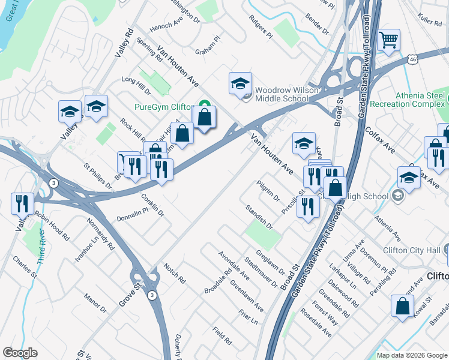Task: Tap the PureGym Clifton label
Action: click(164, 106)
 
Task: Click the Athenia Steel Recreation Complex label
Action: click(420, 100)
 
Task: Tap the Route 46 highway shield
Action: click(412, 59)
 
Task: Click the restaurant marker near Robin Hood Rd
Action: click(23, 204)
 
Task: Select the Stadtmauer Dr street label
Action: click(262, 272)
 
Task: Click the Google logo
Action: click(20, 353)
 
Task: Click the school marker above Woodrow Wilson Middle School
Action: click(240, 83)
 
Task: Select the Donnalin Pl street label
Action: click(132, 218)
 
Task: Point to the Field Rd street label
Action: click(222, 336)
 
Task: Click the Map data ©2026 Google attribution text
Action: click(412, 355)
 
